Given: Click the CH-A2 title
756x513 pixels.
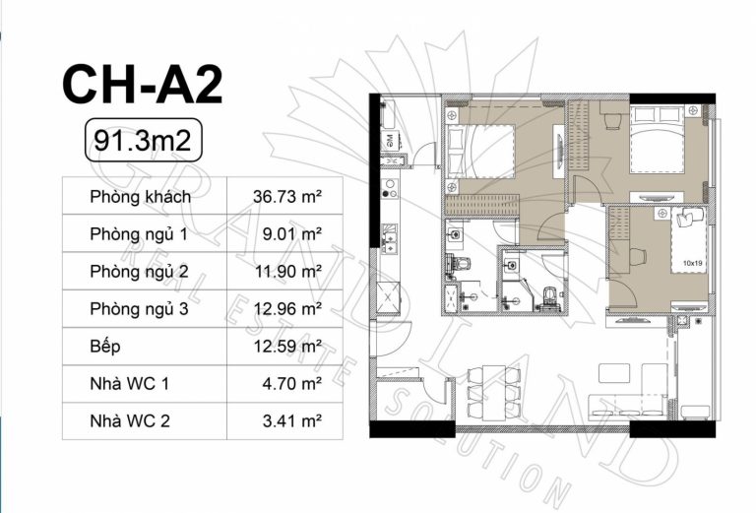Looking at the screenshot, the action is point(142,86).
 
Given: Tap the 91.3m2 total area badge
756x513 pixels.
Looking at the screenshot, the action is point(143,140).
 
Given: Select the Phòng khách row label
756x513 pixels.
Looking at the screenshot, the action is point(141,197).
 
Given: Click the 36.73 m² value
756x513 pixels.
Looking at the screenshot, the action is point(287,196).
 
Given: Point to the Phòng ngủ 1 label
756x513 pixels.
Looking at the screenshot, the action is point(139,234).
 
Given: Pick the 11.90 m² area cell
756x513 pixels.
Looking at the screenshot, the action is point(288,272).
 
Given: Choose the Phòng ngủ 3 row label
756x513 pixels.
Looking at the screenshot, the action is point(139,309).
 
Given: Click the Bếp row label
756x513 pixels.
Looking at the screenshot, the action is point(105,347).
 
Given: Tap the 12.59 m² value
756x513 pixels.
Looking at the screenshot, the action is point(287,347).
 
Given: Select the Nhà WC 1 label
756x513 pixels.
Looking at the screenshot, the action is point(130,384).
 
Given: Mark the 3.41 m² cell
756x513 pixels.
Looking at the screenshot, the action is point(292,420).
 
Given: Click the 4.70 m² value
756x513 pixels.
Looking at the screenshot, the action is point(292,384).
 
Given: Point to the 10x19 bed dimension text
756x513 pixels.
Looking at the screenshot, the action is point(692,264).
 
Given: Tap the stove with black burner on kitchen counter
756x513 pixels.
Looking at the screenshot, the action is point(390,188).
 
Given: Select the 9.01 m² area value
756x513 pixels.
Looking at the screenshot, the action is point(292,234).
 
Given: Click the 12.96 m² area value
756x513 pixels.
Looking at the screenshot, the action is point(288,308).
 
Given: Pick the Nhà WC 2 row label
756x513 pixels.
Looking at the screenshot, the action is point(130,421).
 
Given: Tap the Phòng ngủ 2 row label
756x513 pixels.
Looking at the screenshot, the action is point(139,272).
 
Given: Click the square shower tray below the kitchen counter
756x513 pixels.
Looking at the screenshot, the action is point(388,298).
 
